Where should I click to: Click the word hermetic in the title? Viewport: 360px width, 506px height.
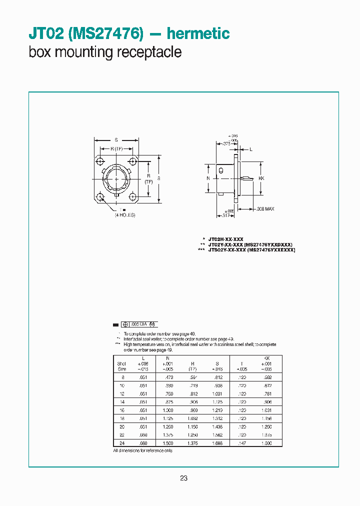(198, 33)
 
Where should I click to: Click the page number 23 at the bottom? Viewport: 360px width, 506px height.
(183, 478)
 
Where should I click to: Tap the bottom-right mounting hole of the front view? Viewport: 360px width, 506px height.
(132, 197)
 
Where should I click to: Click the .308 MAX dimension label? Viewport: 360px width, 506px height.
(265, 209)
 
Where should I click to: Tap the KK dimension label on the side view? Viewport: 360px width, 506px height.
(261, 178)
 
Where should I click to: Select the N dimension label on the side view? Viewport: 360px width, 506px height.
(208, 178)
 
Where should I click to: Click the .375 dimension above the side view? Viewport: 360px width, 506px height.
(225, 143)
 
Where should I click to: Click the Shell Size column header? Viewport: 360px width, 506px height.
(122, 365)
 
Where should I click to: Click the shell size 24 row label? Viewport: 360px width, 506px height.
(122, 442)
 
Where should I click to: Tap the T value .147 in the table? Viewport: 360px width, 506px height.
(241, 442)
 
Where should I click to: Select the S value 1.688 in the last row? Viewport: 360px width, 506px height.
(217, 442)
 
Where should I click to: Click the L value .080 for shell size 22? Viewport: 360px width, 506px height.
(143, 435)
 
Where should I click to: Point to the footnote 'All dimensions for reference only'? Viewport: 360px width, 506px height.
(143, 450)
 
